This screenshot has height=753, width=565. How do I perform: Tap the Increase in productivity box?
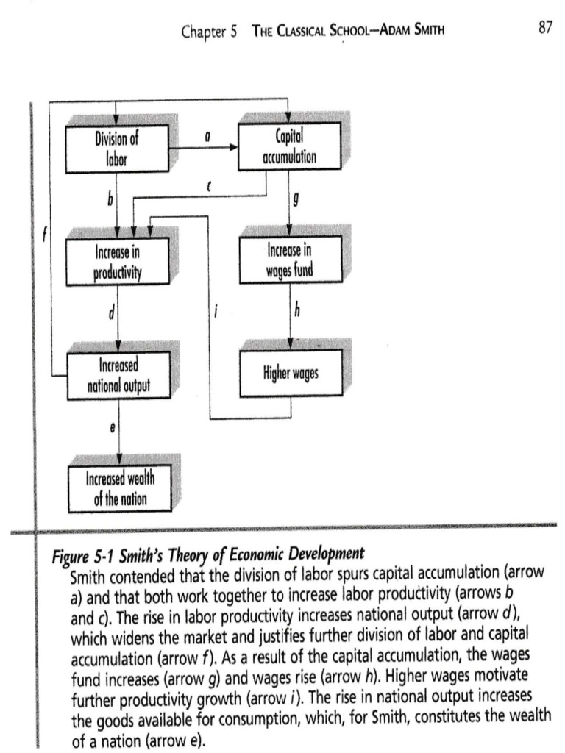coord(117,263)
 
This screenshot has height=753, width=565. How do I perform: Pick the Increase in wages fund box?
coord(290,260)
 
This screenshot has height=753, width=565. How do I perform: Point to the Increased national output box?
coord(117,375)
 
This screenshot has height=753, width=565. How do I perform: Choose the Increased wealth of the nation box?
coord(119,490)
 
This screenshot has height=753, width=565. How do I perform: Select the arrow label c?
coord(209,188)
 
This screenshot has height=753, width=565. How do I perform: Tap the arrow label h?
coord(296,313)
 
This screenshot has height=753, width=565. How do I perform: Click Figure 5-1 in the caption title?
coord(80,554)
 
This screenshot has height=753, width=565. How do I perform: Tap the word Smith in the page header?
coord(427,31)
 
